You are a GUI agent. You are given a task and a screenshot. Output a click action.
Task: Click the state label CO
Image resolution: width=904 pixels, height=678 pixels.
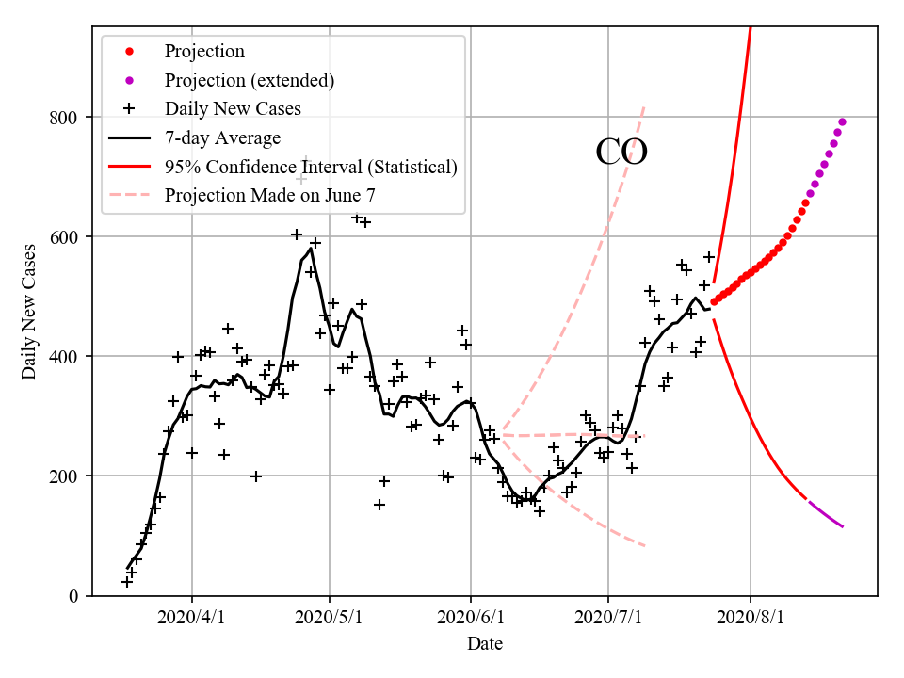(621, 153)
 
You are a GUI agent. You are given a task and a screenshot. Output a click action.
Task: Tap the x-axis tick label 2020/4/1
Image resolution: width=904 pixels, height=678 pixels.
(192, 620)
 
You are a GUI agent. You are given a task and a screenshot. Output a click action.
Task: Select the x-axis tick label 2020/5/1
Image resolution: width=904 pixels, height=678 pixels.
(330, 620)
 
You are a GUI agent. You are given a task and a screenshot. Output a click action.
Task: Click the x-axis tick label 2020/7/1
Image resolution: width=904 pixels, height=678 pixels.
(608, 620)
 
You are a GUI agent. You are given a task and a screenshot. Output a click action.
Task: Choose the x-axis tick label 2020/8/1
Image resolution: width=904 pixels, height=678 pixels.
(751, 620)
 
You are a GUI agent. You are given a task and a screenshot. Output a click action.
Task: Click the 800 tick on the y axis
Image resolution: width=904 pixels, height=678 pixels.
(68, 118)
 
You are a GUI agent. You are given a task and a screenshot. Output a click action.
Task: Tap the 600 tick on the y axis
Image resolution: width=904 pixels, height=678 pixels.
(68, 237)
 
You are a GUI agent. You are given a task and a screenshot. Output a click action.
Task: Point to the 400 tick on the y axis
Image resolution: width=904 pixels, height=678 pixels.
(68, 357)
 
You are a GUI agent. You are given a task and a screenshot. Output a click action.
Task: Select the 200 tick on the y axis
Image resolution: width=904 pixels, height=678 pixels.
(68, 476)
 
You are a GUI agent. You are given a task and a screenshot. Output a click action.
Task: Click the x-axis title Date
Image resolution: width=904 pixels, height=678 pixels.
(484, 644)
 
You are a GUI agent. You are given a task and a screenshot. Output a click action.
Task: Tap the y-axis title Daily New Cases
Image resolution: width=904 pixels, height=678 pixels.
(29, 312)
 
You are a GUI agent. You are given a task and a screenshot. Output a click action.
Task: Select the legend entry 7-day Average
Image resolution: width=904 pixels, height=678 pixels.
(222, 138)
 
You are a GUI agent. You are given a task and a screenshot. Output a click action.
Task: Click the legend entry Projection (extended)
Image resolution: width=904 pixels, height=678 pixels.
(249, 80)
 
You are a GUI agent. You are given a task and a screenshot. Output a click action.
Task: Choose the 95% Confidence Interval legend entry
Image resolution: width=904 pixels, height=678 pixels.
(311, 167)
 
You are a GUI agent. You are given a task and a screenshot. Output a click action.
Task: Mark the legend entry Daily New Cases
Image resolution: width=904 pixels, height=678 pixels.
(233, 109)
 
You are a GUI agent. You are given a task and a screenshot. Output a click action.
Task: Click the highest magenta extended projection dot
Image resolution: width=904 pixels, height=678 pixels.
(842, 121)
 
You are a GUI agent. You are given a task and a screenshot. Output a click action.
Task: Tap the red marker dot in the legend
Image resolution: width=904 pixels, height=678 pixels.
(130, 52)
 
